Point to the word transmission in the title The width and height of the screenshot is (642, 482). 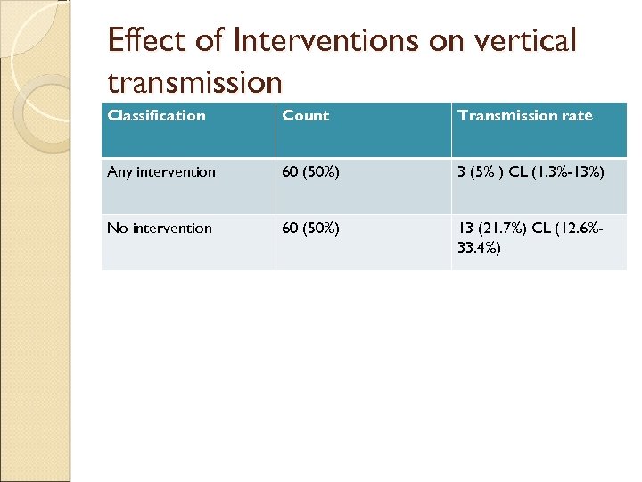pyautogui.click(x=194, y=83)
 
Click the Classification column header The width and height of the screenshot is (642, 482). pyautogui.click(x=156, y=115)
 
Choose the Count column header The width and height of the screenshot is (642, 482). pyautogui.click(x=306, y=115)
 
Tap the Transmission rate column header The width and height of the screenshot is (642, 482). pyautogui.click(x=524, y=115)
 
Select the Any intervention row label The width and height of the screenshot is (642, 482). pyautogui.click(x=161, y=171)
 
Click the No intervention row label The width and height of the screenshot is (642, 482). pyautogui.click(x=160, y=228)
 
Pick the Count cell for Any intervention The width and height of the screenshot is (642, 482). pyautogui.click(x=310, y=171)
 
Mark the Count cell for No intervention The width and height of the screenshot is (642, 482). pyautogui.click(x=310, y=228)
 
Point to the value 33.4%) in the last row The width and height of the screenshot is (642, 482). pyautogui.click(x=479, y=247)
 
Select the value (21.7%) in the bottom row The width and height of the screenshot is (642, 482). pyautogui.click(x=501, y=228)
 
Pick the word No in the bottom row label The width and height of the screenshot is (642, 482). pyautogui.click(x=117, y=228)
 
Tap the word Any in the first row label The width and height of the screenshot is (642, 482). pyautogui.click(x=119, y=171)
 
